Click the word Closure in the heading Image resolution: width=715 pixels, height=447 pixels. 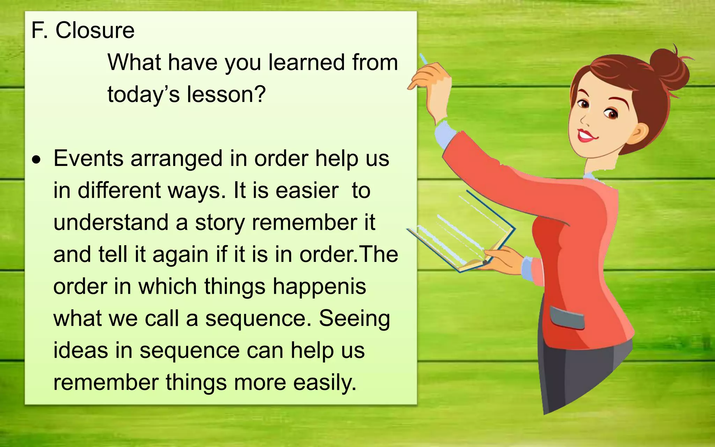coord(95,30)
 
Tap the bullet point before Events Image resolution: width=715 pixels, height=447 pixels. coord(36,160)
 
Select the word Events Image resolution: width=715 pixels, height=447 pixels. coord(88,158)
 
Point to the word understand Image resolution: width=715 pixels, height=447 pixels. coord(111,222)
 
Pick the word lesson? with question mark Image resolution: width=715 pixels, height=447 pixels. coord(226,94)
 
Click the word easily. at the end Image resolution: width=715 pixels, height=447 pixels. coord(324,382)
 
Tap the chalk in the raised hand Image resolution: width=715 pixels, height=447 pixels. coord(423,59)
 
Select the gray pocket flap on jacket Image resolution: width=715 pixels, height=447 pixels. coord(566,317)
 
